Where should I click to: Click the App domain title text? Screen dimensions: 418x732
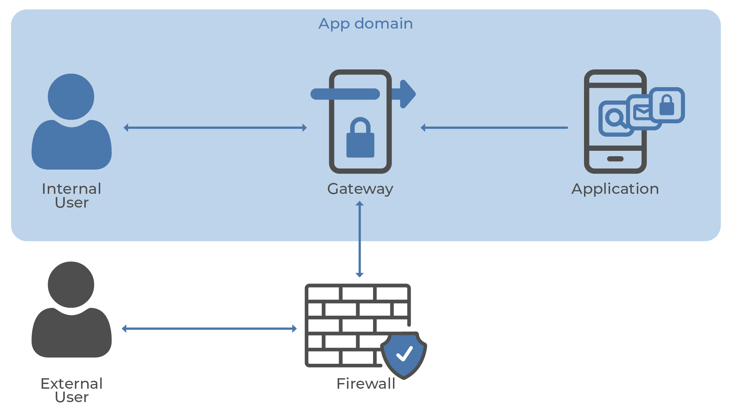click(365, 24)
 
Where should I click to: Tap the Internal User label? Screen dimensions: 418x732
click(72, 195)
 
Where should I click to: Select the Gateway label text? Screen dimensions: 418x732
click(360, 189)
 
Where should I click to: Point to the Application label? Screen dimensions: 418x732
click(615, 189)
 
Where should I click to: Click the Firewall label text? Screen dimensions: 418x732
click(366, 384)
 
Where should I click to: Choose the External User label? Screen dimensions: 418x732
click(72, 390)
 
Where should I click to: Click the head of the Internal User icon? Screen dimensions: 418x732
click(71, 97)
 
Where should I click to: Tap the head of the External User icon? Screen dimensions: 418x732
click(71, 285)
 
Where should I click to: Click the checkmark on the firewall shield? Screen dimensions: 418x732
click(405, 354)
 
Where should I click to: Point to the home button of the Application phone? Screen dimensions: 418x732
click(615, 159)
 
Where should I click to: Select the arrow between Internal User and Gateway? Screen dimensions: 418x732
click(215, 128)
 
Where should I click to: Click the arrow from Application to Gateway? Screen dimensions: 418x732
click(494, 128)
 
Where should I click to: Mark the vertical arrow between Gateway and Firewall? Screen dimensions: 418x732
click(359, 239)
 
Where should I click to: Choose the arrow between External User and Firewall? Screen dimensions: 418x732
click(209, 329)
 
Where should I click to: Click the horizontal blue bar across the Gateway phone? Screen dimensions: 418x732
click(345, 94)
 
